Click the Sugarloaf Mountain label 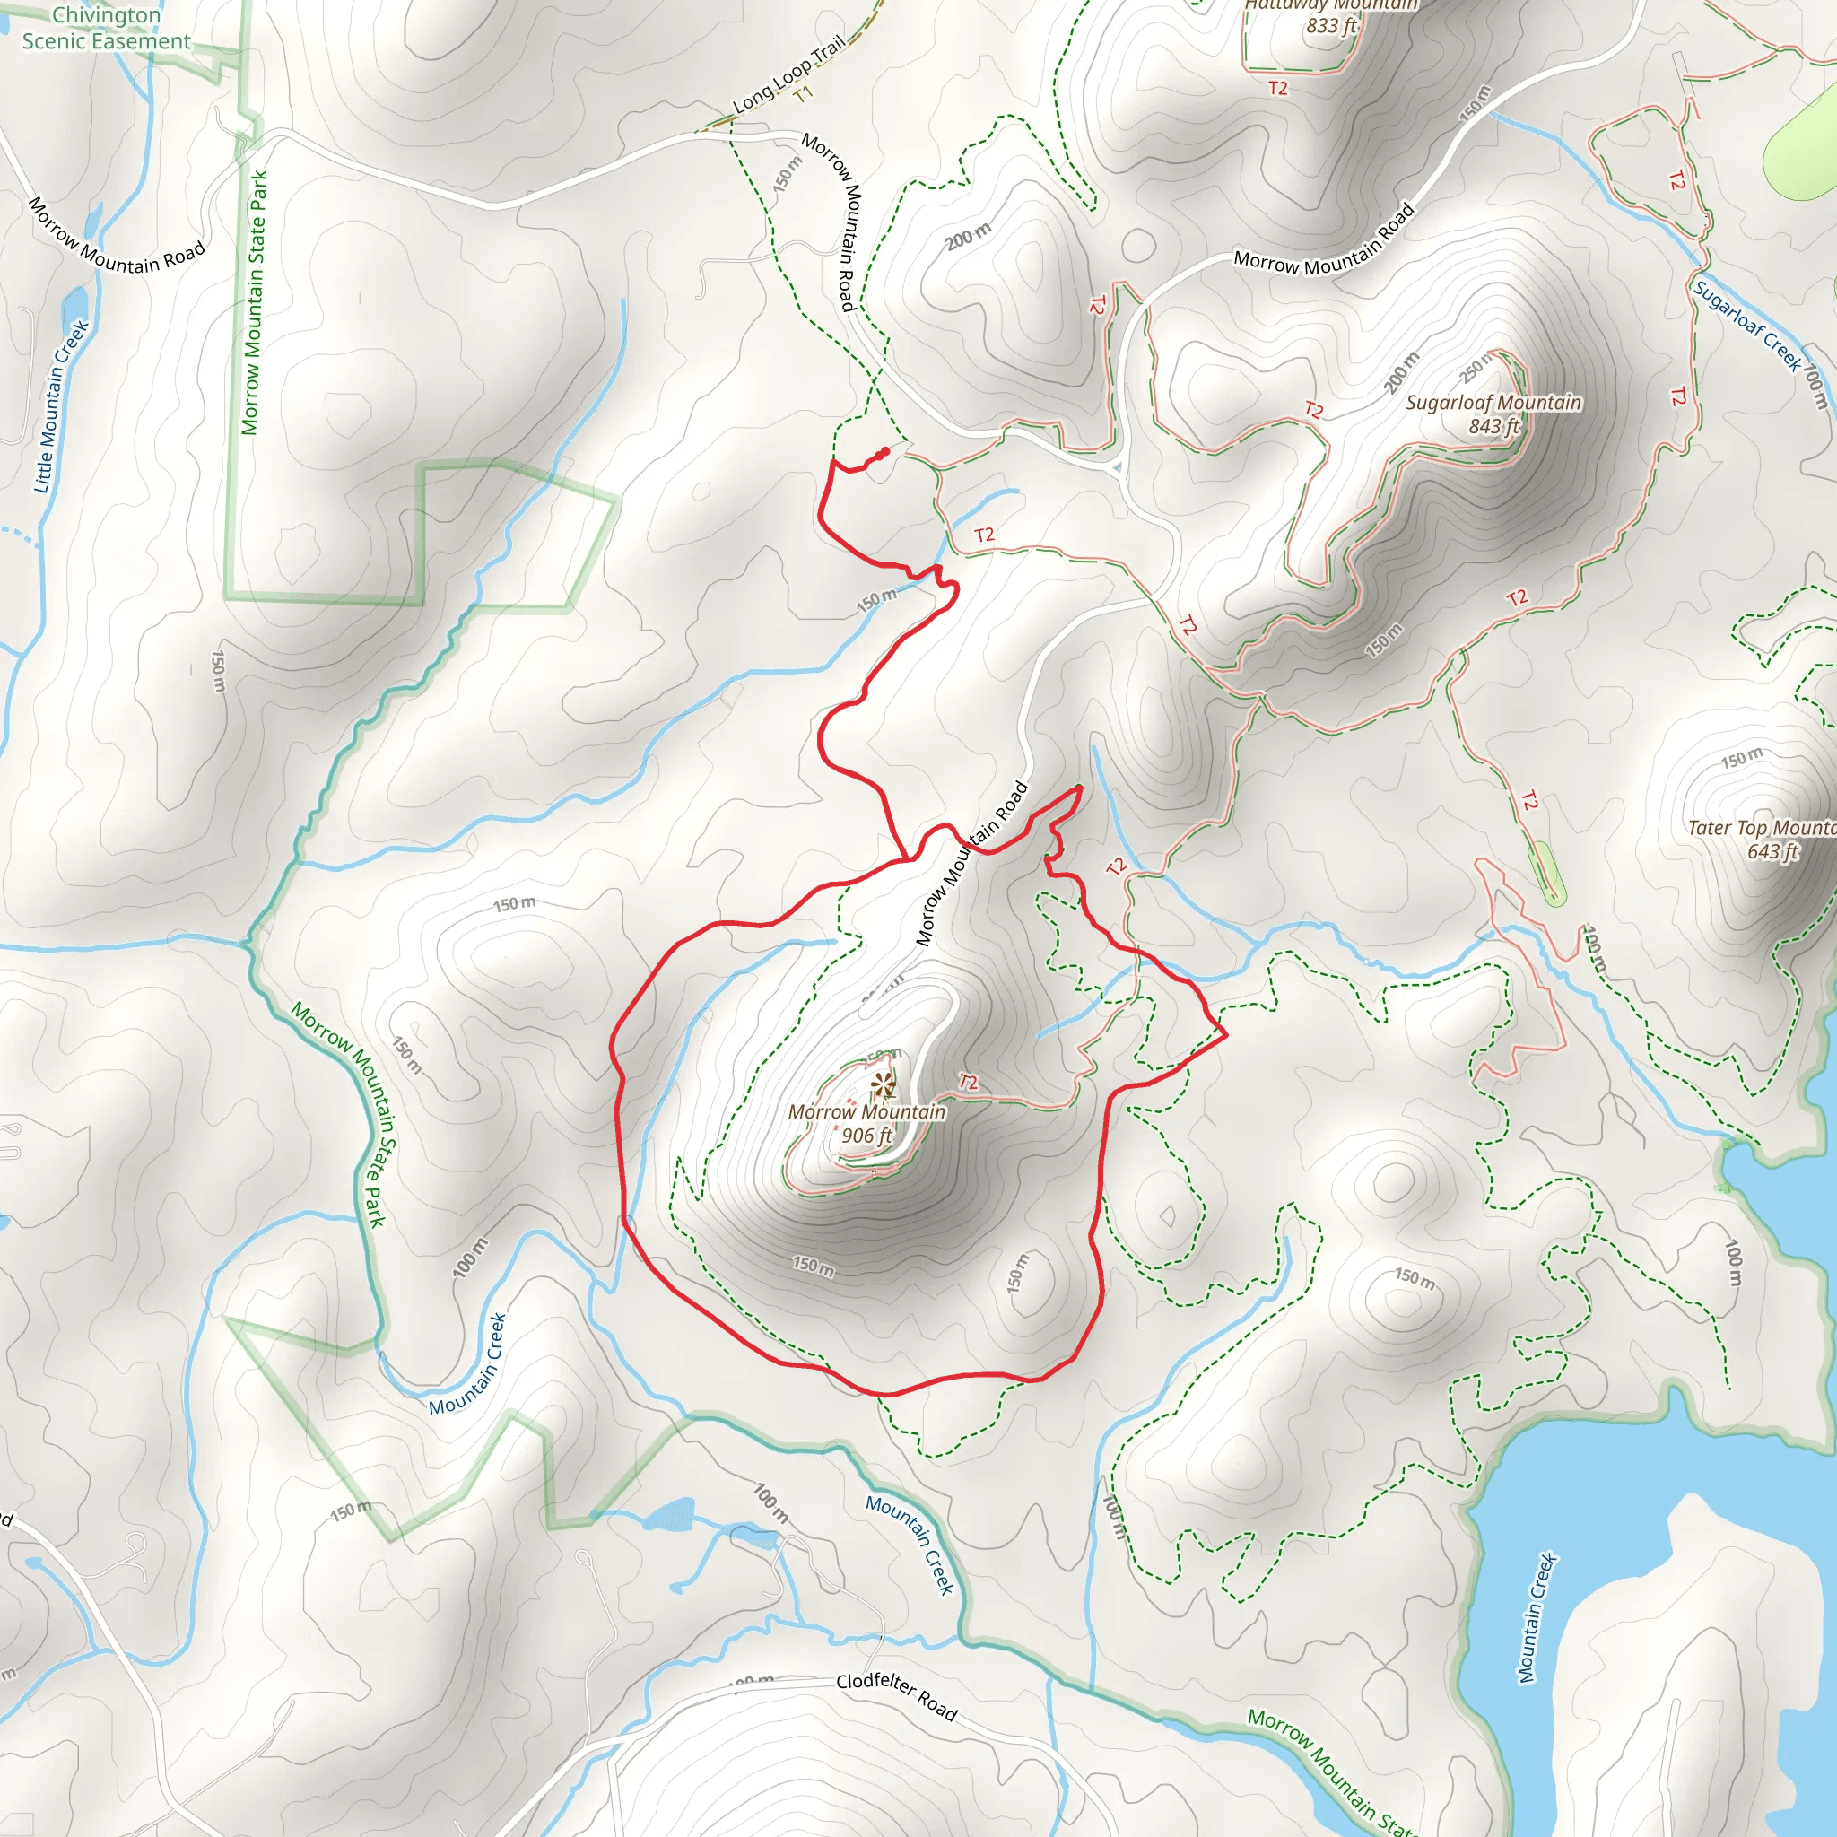1493,403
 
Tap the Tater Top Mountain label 1761,828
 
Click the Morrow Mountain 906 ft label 866,1123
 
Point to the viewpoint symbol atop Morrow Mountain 884,1084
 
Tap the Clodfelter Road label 896,1695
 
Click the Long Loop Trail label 788,75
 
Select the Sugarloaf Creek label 1746,326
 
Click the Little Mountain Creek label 61,407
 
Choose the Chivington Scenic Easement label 106,29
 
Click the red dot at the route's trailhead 885,452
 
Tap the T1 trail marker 804,94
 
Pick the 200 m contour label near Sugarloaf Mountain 1402,373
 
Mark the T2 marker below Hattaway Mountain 1278,89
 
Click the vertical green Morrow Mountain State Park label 253,302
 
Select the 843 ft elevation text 1493,427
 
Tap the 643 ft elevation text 1772,852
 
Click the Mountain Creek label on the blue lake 1537,1617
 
